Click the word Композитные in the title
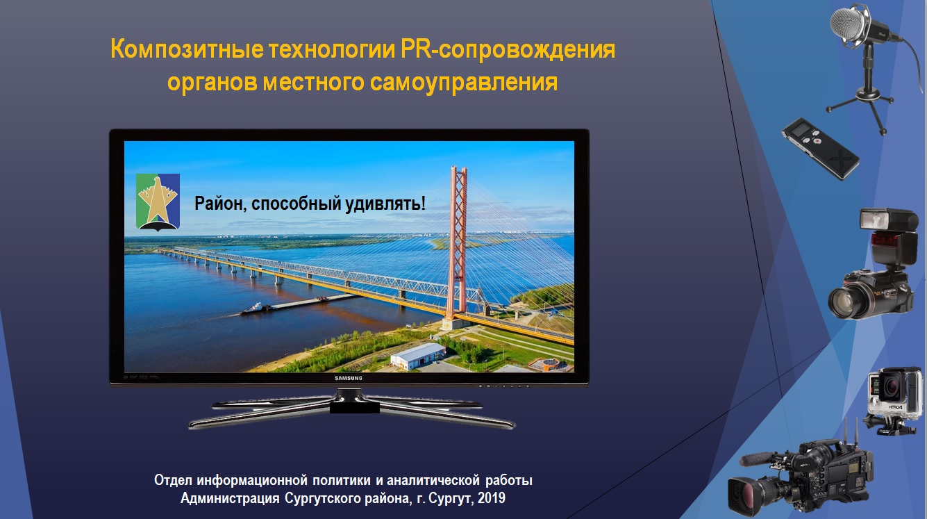(x=187, y=50)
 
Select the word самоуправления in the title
(x=464, y=82)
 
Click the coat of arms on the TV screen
(x=158, y=202)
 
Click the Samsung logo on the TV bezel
(x=349, y=378)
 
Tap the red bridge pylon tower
(x=458, y=245)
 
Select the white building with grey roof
(x=418, y=357)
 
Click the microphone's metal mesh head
(x=848, y=24)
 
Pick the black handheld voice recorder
(x=820, y=148)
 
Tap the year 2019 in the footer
(x=491, y=498)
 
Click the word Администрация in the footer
(x=230, y=498)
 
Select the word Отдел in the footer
(x=173, y=481)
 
